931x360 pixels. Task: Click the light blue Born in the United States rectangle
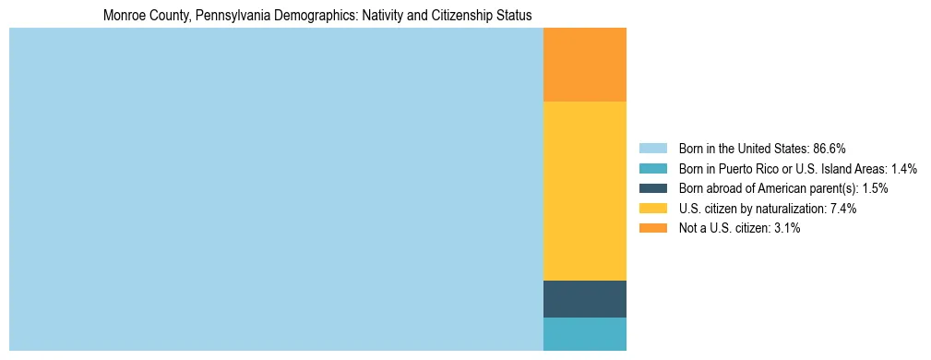pyautogui.click(x=276, y=189)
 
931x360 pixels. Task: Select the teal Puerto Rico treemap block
pyautogui.click(x=584, y=334)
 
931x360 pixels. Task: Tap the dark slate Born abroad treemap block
pyautogui.click(x=584, y=299)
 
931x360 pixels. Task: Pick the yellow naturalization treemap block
pyautogui.click(x=584, y=191)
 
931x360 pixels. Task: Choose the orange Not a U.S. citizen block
pyautogui.click(x=584, y=65)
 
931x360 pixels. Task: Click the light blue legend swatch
pyautogui.click(x=652, y=149)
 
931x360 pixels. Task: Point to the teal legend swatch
pyautogui.click(x=652, y=169)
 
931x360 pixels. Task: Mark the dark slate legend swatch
pyautogui.click(x=652, y=188)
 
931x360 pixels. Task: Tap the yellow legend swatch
pyautogui.click(x=652, y=209)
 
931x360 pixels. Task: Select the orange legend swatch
pyautogui.click(x=652, y=228)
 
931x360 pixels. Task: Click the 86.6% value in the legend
pyautogui.click(x=830, y=149)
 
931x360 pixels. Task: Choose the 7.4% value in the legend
pyautogui.click(x=841, y=209)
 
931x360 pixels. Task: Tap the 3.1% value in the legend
pyautogui.click(x=785, y=228)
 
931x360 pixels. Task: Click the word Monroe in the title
pyautogui.click(x=124, y=16)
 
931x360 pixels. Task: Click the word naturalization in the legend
pyautogui.click(x=787, y=209)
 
